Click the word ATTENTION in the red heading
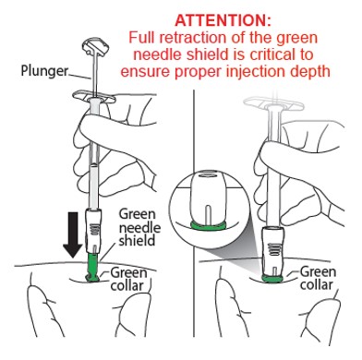(x=223, y=20)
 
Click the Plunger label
(x=44, y=70)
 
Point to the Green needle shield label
(x=139, y=227)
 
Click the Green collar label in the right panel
(x=316, y=278)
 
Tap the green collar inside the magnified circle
(x=208, y=225)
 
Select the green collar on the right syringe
(x=272, y=279)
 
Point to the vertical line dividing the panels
(x=194, y=213)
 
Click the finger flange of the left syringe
(x=93, y=97)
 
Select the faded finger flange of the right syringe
(x=273, y=104)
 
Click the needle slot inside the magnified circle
(x=208, y=214)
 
